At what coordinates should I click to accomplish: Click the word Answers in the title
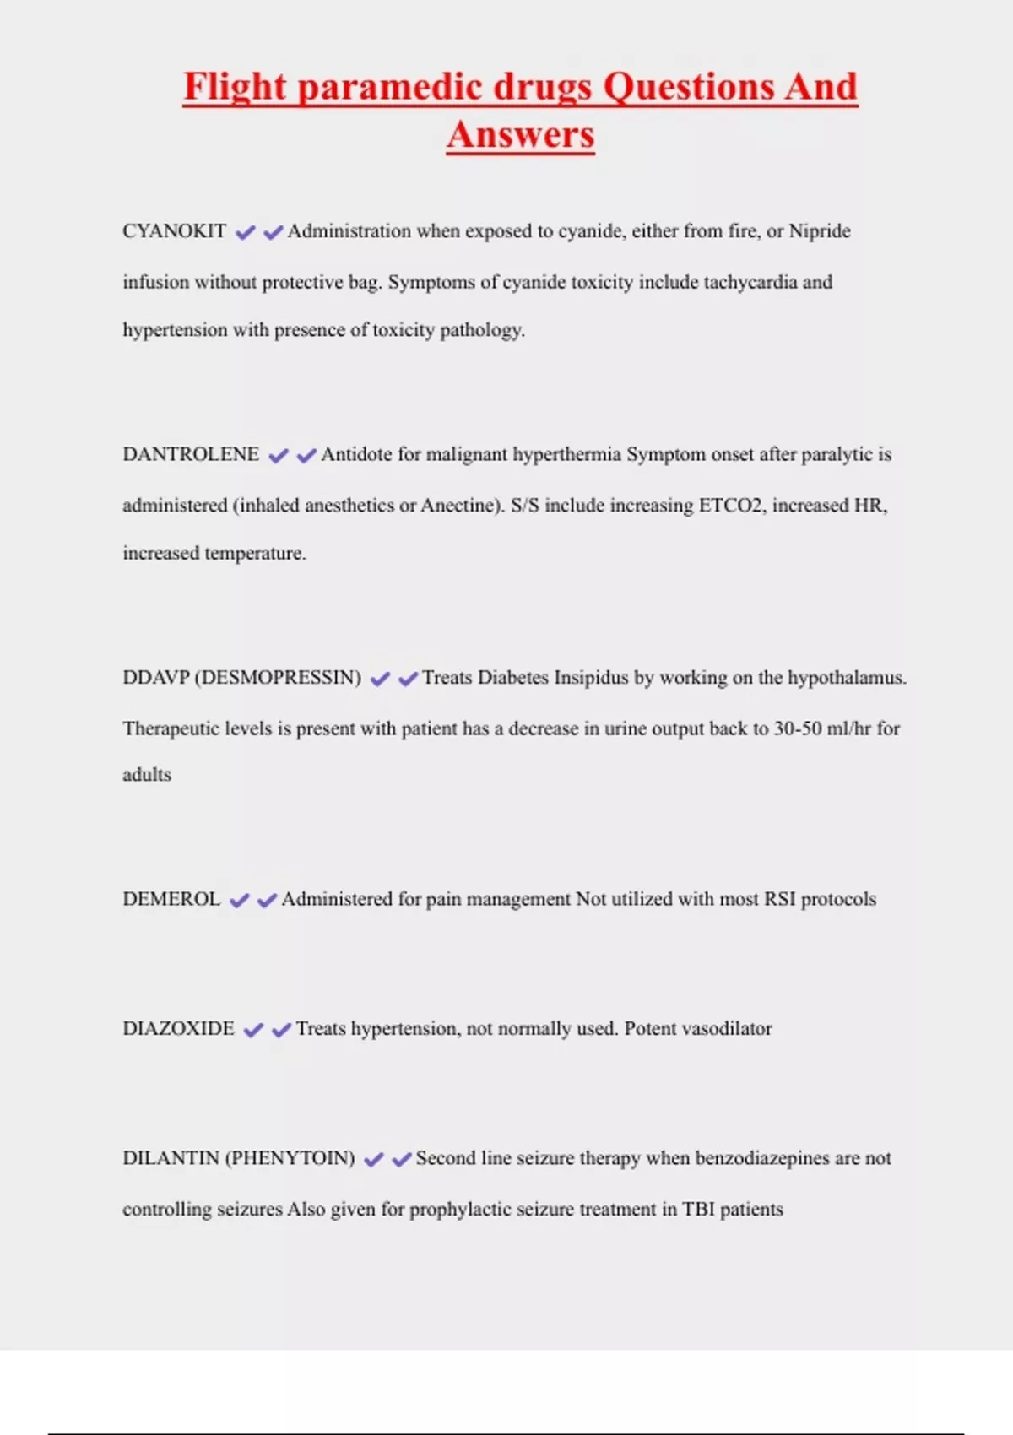click(x=521, y=135)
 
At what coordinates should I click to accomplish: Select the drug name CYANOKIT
click(x=174, y=231)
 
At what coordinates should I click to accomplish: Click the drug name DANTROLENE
click(x=191, y=454)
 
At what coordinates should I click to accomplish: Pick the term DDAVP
click(x=155, y=678)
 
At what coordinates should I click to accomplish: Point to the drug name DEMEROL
click(x=171, y=899)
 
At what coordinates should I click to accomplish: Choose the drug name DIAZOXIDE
click(x=178, y=1029)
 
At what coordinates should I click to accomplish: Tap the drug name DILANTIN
click(x=171, y=1158)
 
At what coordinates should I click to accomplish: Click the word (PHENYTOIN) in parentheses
click(x=290, y=1158)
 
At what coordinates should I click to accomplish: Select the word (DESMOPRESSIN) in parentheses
click(x=278, y=678)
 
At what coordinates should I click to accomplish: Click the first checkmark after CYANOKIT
click(x=245, y=232)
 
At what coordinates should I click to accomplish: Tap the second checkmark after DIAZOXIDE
click(x=281, y=1030)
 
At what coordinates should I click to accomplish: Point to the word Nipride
click(x=819, y=231)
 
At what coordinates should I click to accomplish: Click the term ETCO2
click(x=730, y=506)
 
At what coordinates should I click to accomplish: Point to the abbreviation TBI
click(x=698, y=1210)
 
